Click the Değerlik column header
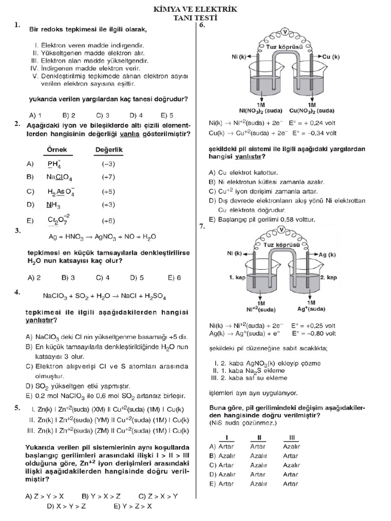(x=109, y=150)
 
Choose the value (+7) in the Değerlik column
(x=108, y=178)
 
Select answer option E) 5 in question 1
(x=167, y=115)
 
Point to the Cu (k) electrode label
(x=331, y=57)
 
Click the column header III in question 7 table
(x=292, y=437)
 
